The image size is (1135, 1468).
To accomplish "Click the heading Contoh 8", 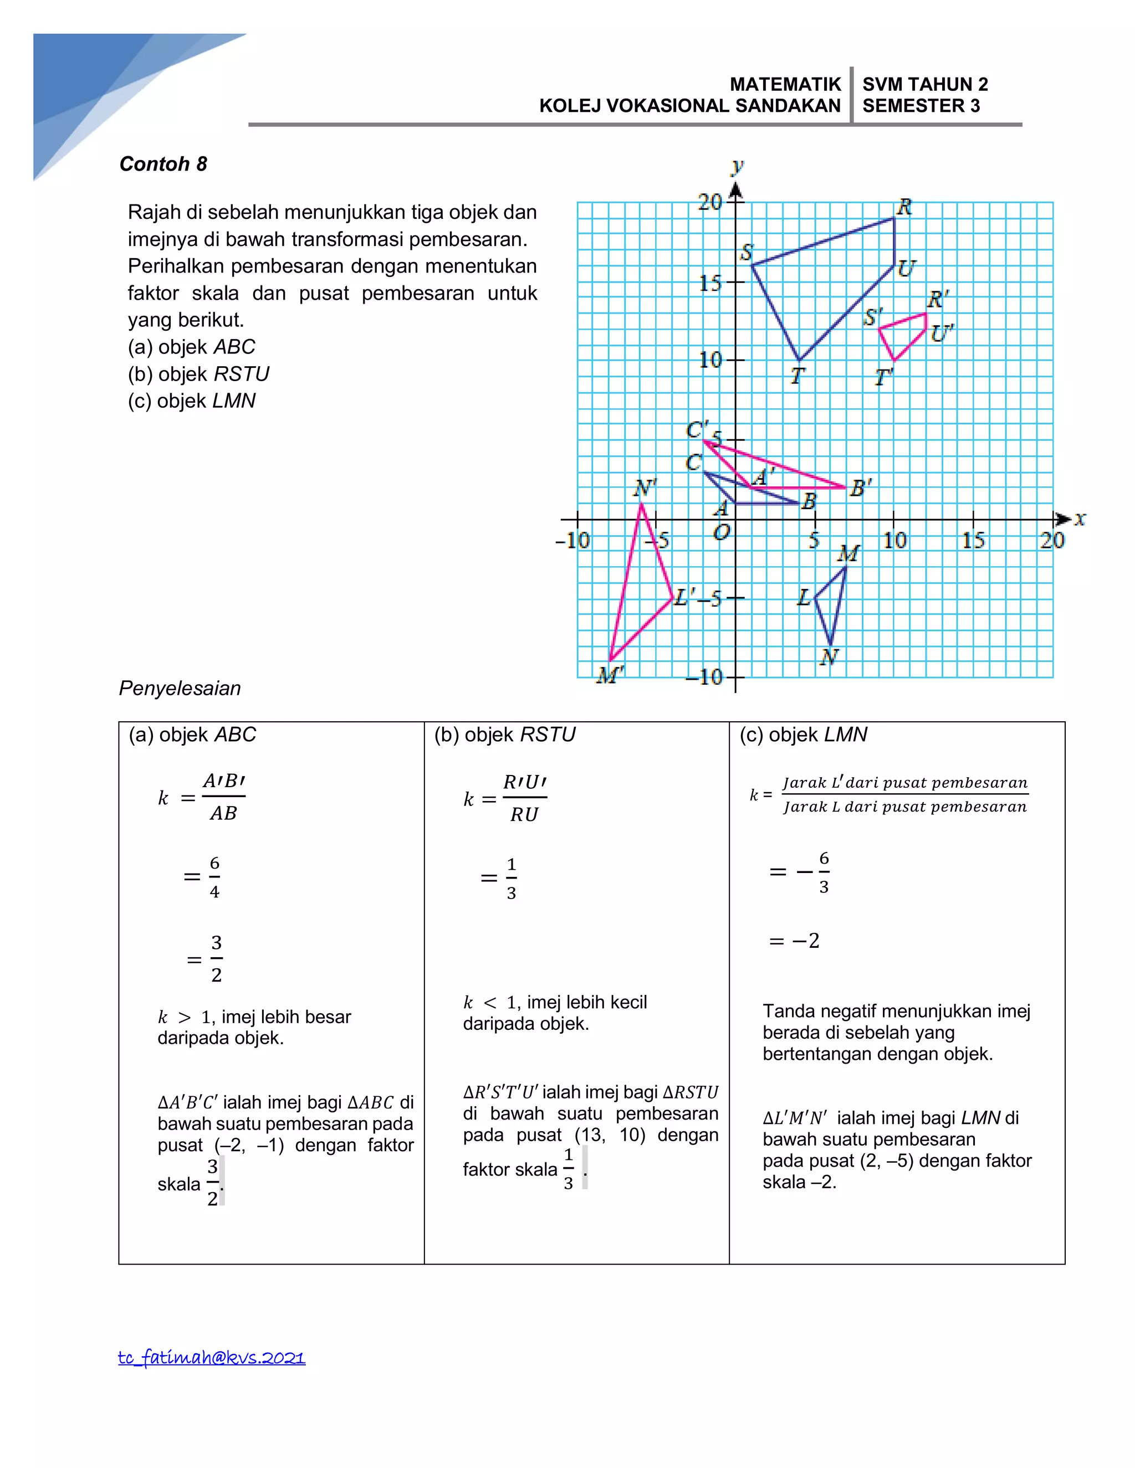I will [163, 164].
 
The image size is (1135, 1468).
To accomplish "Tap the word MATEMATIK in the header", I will [785, 85].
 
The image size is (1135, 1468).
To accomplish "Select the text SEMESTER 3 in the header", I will [921, 106].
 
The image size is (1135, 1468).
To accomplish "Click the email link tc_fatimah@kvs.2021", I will [211, 1357].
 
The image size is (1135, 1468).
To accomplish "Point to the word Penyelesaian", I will [180, 688].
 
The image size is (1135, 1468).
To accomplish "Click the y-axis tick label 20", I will [709, 202].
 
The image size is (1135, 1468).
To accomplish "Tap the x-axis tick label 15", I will [973, 541].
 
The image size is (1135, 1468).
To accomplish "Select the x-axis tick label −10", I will [572, 541].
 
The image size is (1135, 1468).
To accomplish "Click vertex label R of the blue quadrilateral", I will [904, 207].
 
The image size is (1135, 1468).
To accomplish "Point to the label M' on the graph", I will [610, 674].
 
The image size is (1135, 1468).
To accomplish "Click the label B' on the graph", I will [861, 488].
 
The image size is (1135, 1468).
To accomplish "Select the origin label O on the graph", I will [721, 533].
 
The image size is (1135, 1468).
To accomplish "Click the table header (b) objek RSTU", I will [504, 735].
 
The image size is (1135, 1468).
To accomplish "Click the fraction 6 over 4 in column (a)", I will [214, 877].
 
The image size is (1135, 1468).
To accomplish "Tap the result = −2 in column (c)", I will [794, 941].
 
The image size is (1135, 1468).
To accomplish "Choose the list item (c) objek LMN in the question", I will [192, 401].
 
